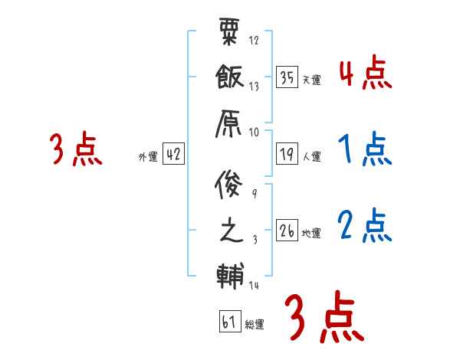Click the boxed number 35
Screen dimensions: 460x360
coord(287,77)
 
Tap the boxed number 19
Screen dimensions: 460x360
coord(287,154)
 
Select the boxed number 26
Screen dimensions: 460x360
coord(287,231)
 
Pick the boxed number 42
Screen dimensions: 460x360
coord(173,154)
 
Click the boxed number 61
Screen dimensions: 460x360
coord(228,321)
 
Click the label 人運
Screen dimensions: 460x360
coord(311,156)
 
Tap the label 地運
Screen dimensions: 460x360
coord(311,233)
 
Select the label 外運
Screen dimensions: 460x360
coord(147,156)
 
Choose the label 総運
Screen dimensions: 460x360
coord(254,324)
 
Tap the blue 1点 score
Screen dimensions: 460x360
coord(364,149)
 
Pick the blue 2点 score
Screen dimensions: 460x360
coord(364,225)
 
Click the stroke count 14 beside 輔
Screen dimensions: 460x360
coord(255,286)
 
